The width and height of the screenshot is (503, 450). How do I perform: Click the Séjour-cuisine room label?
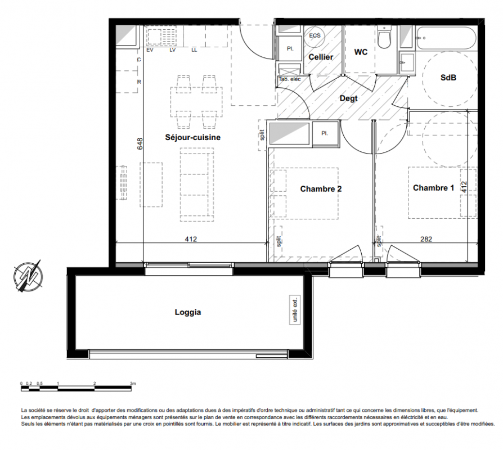click(193, 137)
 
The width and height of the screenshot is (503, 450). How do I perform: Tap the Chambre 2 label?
click(321, 189)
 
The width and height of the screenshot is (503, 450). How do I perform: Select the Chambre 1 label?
click(433, 188)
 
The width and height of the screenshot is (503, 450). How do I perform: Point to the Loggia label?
click(188, 312)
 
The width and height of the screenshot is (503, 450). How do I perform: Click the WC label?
click(361, 52)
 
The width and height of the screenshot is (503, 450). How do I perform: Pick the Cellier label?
click(321, 57)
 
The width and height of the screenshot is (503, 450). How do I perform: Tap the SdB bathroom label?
click(448, 77)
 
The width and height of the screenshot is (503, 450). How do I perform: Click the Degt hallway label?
click(348, 98)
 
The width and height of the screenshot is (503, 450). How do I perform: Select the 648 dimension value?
click(140, 143)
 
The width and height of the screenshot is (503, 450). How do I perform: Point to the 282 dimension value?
click(426, 239)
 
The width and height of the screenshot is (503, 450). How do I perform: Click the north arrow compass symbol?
click(28, 276)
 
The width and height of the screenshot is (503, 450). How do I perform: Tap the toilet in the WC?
click(384, 37)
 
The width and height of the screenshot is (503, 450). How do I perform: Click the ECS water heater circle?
click(315, 35)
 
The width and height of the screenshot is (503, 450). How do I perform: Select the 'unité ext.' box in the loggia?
click(295, 309)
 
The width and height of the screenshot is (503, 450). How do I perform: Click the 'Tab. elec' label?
click(289, 79)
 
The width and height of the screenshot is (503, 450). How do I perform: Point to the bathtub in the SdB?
click(447, 38)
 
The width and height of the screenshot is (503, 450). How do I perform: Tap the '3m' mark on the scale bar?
click(133, 383)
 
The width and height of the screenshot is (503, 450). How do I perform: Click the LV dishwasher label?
click(173, 50)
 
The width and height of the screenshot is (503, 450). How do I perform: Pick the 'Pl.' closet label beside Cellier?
click(290, 49)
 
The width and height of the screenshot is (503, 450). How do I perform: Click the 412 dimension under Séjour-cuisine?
click(191, 239)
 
